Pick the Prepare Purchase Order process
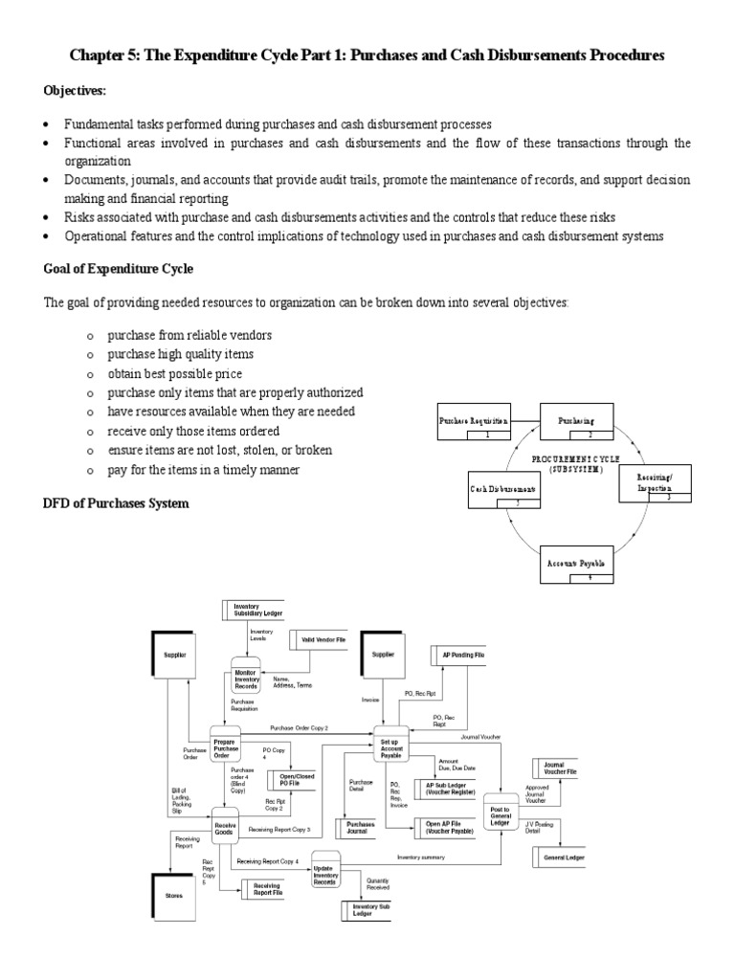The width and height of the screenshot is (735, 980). [x=227, y=747]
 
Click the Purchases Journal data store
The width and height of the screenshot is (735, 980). [x=362, y=827]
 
